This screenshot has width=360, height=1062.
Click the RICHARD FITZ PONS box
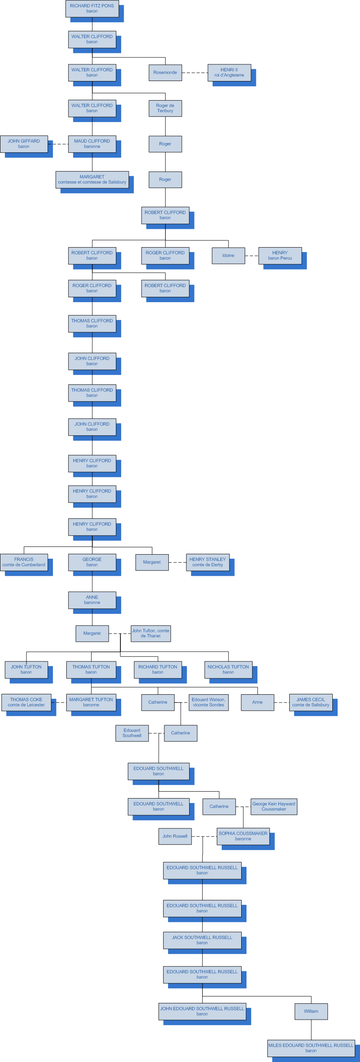pyautogui.click(x=92, y=9)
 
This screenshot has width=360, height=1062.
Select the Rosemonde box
pyautogui.click(x=165, y=72)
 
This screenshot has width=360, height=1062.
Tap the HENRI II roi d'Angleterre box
pyautogui.click(x=229, y=72)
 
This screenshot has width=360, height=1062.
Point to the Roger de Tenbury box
pyautogui.click(x=165, y=108)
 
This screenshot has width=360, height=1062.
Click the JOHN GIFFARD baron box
pyautogui.click(x=24, y=144)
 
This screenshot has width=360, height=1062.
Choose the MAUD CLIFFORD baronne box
pyautogui.click(x=92, y=144)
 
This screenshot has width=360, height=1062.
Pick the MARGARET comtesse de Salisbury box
pyautogui.click(x=92, y=180)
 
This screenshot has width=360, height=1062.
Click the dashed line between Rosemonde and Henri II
pyautogui.click(x=194, y=72)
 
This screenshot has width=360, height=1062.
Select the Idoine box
pyautogui.click(x=228, y=256)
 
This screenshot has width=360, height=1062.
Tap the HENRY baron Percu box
pyautogui.click(x=280, y=256)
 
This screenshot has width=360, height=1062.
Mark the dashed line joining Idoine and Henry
pyautogui.click(x=251, y=256)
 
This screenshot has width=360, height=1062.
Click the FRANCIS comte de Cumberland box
pyautogui.click(x=24, y=562)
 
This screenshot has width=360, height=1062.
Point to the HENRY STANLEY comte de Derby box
pyautogui.click(x=207, y=562)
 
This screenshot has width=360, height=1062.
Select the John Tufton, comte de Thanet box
pyautogui.click(x=151, y=633)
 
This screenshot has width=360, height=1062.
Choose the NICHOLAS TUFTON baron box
pyautogui.click(x=228, y=669)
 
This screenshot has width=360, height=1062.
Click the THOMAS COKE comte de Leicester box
pyautogui.click(x=26, y=702)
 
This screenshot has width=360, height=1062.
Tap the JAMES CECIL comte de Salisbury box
pyautogui.click(x=310, y=702)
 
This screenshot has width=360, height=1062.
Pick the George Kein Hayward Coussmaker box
pyautogui.click(x=273, y=806)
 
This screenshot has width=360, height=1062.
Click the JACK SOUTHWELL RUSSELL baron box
pyautogui.click(x=202, y=940)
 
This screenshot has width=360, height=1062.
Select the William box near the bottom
pyautogui.click(x=311, y=1011)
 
